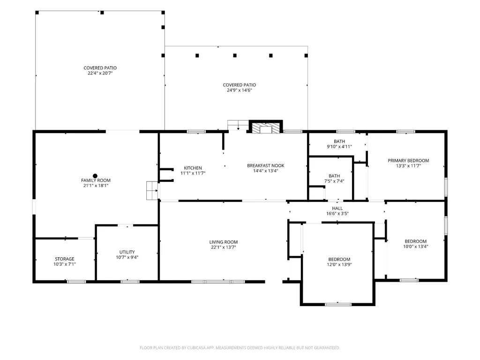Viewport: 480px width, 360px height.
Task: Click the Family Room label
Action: coord(96,180)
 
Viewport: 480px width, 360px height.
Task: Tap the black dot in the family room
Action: coord(95,176)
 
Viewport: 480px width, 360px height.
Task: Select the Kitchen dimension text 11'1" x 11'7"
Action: coord(193,173)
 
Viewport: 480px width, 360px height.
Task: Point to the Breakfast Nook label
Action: coord(266,165)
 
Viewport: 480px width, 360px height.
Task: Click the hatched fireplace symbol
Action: coord(266,128)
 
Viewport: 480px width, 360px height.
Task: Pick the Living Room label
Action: coord(224,242)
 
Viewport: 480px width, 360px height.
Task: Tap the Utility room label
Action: coord(127,252)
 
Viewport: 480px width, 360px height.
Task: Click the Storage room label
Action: coord(65,259)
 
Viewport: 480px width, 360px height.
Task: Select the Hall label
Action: coord(337,209)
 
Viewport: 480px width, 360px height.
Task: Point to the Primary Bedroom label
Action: coord(408,160)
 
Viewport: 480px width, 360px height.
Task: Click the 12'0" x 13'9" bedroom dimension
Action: coord(339,264)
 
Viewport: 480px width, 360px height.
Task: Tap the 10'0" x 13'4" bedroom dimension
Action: coord(415,247)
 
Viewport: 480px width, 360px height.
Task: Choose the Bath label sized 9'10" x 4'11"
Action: coord(339,142)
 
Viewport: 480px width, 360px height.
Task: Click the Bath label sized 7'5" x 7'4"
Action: coord(334,176)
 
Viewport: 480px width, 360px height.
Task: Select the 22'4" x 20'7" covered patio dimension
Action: coord(100,73)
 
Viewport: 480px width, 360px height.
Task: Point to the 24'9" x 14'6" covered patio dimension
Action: coord(240,90)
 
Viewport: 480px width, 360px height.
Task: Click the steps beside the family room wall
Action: coord(152,190)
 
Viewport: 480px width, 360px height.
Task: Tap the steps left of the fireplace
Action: coord(238,125)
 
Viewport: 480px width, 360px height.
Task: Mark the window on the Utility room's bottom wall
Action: coord(130,281)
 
